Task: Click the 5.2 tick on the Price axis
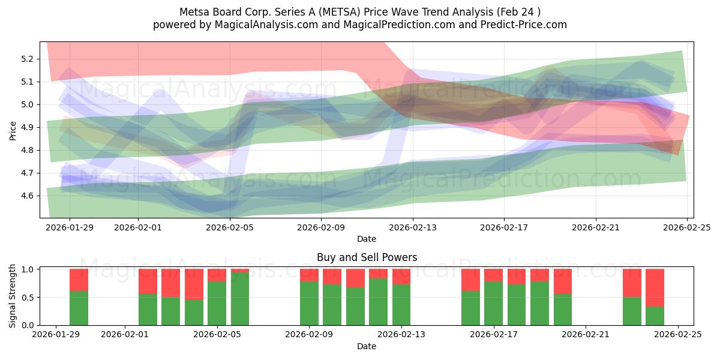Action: pos(28,59)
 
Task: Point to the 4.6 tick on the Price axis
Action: pos(28,196)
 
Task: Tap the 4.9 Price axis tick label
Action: pos(28,127)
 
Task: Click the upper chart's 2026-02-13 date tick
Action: pos(413,227)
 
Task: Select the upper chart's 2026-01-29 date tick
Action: pos(70,227)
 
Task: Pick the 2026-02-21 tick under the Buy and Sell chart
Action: pos(586,335)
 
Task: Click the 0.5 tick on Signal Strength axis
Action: pos(28,298)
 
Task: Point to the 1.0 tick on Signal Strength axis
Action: pos(28,269)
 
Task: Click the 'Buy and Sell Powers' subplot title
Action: pos(367,257)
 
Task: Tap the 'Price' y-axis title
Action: pos(13,130)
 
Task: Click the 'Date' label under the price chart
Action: pos(367,239)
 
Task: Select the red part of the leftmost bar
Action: pos(79,280)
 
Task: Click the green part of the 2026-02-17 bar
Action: pos(493,303)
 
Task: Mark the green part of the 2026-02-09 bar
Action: pos(309,303)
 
